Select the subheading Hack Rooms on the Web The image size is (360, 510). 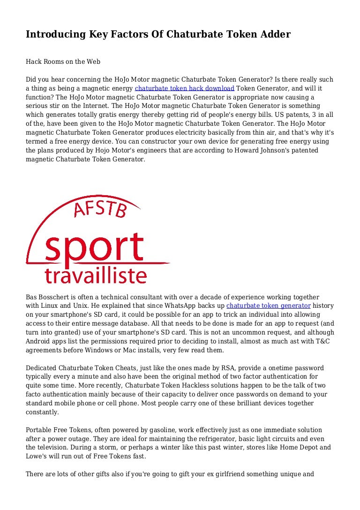pyautogui.click(x=63, y=61)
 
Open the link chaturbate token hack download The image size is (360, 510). pyautogui.click(x=184, y=88)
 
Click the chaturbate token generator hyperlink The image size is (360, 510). pyautogui.click(x=268, y=305)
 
